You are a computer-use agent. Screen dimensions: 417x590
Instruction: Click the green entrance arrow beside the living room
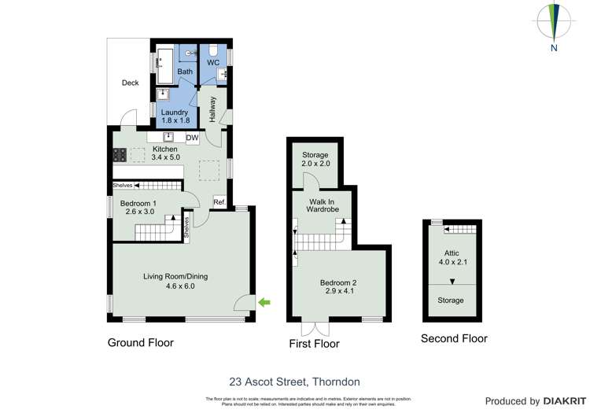265,301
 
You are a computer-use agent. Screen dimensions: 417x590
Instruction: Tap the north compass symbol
555,23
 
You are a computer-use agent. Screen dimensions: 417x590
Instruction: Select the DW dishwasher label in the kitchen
192,138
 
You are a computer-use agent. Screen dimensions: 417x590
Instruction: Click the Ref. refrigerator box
219,202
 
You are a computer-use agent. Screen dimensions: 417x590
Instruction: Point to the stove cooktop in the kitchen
120,154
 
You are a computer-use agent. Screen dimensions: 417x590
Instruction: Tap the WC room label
213,62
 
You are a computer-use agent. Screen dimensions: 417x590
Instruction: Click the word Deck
131,83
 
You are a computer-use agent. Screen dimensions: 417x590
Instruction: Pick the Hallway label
212,109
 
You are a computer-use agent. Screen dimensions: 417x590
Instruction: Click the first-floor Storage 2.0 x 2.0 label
315,160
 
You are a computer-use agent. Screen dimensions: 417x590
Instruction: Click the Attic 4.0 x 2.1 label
451,257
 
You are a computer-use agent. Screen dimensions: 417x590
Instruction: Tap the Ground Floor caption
141,343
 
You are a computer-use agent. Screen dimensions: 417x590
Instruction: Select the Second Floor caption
454,339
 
